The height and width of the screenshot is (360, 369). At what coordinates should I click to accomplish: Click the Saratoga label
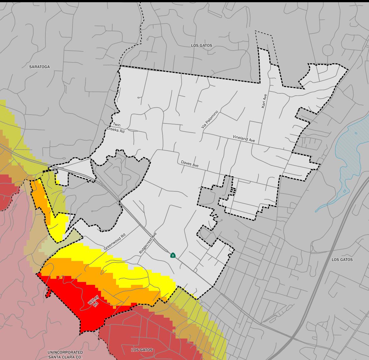pos(39,67)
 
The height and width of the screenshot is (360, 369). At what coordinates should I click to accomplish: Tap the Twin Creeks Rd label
pos(116,127)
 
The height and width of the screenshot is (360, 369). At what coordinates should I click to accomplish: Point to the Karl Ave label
pos(264,101)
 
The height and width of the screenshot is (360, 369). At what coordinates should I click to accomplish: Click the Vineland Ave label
pos(244,139)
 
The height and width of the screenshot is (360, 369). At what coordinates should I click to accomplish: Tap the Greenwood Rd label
pos(114,242)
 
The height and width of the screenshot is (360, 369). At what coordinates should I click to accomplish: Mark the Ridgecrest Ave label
pos(148,243)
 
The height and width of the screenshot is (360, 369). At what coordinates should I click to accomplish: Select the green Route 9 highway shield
pos(173,255)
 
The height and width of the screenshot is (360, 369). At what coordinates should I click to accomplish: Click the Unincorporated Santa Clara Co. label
pos(65,355)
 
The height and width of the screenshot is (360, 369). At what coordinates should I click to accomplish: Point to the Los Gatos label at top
pos(202,45)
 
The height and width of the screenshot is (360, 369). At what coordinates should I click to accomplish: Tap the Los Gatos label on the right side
pos(342,260)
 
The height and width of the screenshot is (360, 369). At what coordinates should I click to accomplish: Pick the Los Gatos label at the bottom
pos(142,350)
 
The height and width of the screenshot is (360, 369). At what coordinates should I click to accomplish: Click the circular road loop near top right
pos(328,50)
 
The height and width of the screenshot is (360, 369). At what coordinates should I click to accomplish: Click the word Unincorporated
pos(65,352)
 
